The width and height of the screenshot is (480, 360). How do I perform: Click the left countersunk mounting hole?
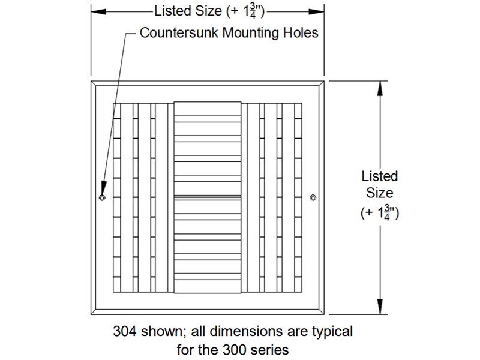102,197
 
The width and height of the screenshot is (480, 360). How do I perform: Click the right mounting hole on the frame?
313,197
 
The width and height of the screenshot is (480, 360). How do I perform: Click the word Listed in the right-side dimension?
379,176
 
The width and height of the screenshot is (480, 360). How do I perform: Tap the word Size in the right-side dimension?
380,193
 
